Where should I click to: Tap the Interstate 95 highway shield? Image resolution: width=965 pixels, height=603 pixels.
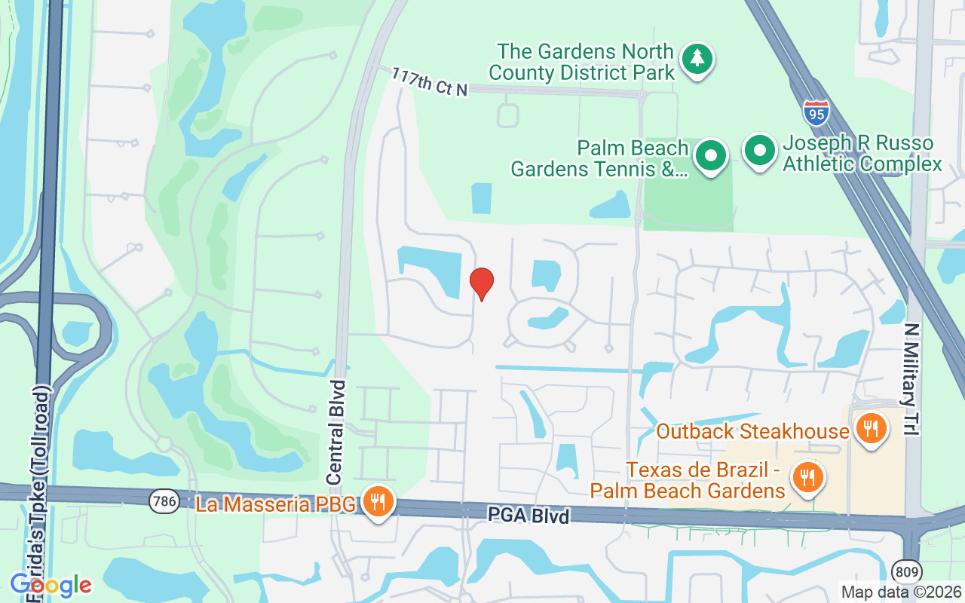[816, 113]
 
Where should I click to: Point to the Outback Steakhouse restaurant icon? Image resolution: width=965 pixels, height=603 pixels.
[871, 430]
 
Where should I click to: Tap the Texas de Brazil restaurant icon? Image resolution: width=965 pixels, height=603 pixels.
[807, 476]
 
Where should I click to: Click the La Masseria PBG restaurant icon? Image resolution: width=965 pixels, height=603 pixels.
[378, 501]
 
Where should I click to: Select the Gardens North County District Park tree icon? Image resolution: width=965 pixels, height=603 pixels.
[697, 59]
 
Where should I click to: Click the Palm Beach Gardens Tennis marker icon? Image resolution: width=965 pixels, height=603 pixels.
[709, 156]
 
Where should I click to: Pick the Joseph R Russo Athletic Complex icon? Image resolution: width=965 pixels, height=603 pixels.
[760, 152]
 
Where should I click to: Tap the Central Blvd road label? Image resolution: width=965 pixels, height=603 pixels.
[337, 432]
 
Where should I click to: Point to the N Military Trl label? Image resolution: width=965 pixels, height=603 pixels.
[912, 379]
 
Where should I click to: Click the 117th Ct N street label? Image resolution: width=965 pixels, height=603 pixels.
[429, 81]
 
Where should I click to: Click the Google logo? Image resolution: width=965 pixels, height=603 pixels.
[51, 584]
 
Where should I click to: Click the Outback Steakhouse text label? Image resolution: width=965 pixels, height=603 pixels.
[752, 432]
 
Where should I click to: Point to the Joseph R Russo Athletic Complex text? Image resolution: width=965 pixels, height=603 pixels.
[862, 154]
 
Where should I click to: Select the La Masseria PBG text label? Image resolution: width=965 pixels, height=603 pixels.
[275, 504]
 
